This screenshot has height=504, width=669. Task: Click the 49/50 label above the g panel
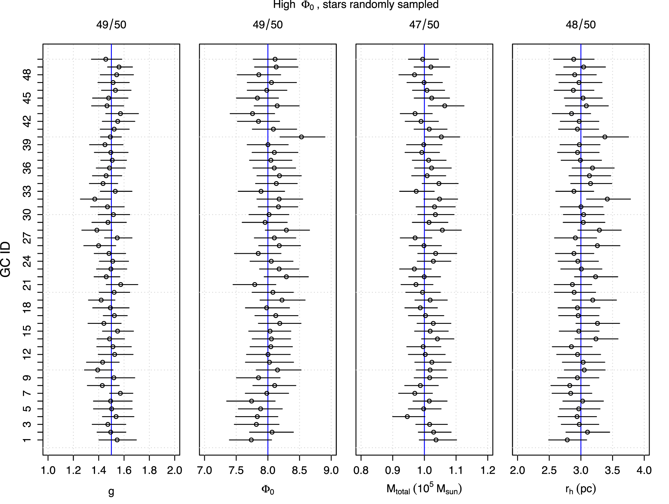tap(111, 25)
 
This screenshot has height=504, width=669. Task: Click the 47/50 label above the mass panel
tap(424, 25)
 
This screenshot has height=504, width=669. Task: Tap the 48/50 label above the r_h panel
tap(580, 25)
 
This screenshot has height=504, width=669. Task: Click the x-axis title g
tap(111, 491)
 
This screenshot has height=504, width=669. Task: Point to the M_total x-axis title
tap(424, 489)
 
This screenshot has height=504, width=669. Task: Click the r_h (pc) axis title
tap(580, 489)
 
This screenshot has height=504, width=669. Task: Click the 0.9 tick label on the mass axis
tap(392, 470)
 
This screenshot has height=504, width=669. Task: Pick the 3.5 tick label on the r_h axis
tap(612, 470)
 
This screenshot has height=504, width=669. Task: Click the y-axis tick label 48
tap(28, 75)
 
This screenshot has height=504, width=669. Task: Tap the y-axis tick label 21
tap(28, 284)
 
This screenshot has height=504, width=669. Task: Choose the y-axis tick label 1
tap(28, 440)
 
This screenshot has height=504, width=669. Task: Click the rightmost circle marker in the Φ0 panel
tap(301, 137)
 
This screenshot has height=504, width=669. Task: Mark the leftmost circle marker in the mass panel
tap(407, 417)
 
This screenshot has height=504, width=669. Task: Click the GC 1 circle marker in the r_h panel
tap(567, 440)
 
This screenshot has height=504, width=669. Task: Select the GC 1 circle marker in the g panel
tap(117, 440)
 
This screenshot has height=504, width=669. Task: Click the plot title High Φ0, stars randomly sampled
tap(356, 5)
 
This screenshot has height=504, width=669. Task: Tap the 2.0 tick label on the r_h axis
tap(517, 470)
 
